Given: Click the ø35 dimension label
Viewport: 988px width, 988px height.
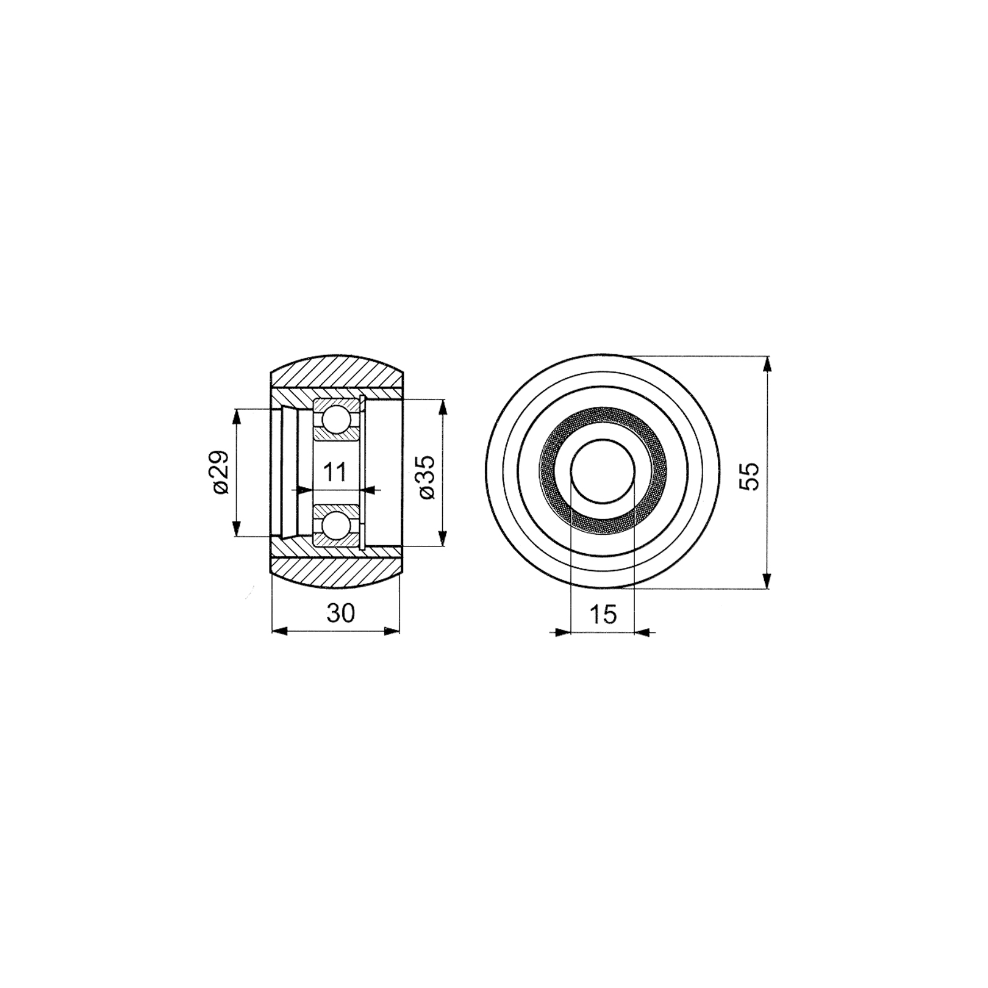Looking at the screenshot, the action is (428, 477).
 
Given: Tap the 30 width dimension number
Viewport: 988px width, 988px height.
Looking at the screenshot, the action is (340, 613).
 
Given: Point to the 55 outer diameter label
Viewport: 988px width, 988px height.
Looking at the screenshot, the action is (749, 476).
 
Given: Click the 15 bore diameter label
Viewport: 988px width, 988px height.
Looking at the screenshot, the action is (604, 614).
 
